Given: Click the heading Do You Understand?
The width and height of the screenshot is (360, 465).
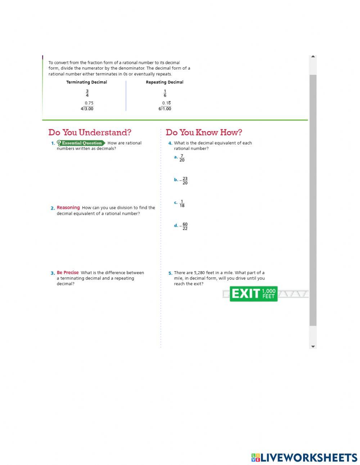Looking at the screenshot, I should pos(90,133).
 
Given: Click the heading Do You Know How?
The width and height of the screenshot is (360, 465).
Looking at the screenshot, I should pos(204,133).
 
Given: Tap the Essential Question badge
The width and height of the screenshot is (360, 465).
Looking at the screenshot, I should pos(81,143).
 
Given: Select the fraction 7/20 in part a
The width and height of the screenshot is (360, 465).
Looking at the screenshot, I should pos(182,158).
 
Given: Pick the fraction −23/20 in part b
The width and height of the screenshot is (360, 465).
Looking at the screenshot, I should pos(184,181).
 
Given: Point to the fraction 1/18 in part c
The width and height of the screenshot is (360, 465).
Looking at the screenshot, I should pos(182,204).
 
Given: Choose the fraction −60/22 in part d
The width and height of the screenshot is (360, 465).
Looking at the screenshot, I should pos(184,226).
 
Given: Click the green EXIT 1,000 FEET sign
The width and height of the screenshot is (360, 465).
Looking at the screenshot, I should pos(253,294).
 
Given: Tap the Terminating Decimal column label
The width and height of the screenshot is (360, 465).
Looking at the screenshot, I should pos(86,82).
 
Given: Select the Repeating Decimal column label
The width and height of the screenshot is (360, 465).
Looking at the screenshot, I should pos(165,82).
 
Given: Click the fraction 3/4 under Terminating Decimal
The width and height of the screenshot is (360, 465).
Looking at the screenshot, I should pos(87,93).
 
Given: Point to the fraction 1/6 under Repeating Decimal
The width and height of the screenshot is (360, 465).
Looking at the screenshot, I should pos(165,93).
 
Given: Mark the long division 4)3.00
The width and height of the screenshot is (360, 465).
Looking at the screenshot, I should pos(87,108).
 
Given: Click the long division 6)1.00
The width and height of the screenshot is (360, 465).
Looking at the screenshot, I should pos(165,108).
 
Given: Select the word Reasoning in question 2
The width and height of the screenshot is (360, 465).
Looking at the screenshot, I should pos(68,207).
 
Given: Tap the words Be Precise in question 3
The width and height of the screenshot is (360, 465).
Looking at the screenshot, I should pos(68,273).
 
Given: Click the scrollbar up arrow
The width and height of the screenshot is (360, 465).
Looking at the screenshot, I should pos(313,57).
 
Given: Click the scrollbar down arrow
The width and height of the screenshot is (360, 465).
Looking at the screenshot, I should pos(313,346).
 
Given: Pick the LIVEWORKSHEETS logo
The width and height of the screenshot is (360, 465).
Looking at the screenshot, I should pos(304,457).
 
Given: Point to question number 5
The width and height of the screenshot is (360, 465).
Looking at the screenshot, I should pos(170,273).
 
